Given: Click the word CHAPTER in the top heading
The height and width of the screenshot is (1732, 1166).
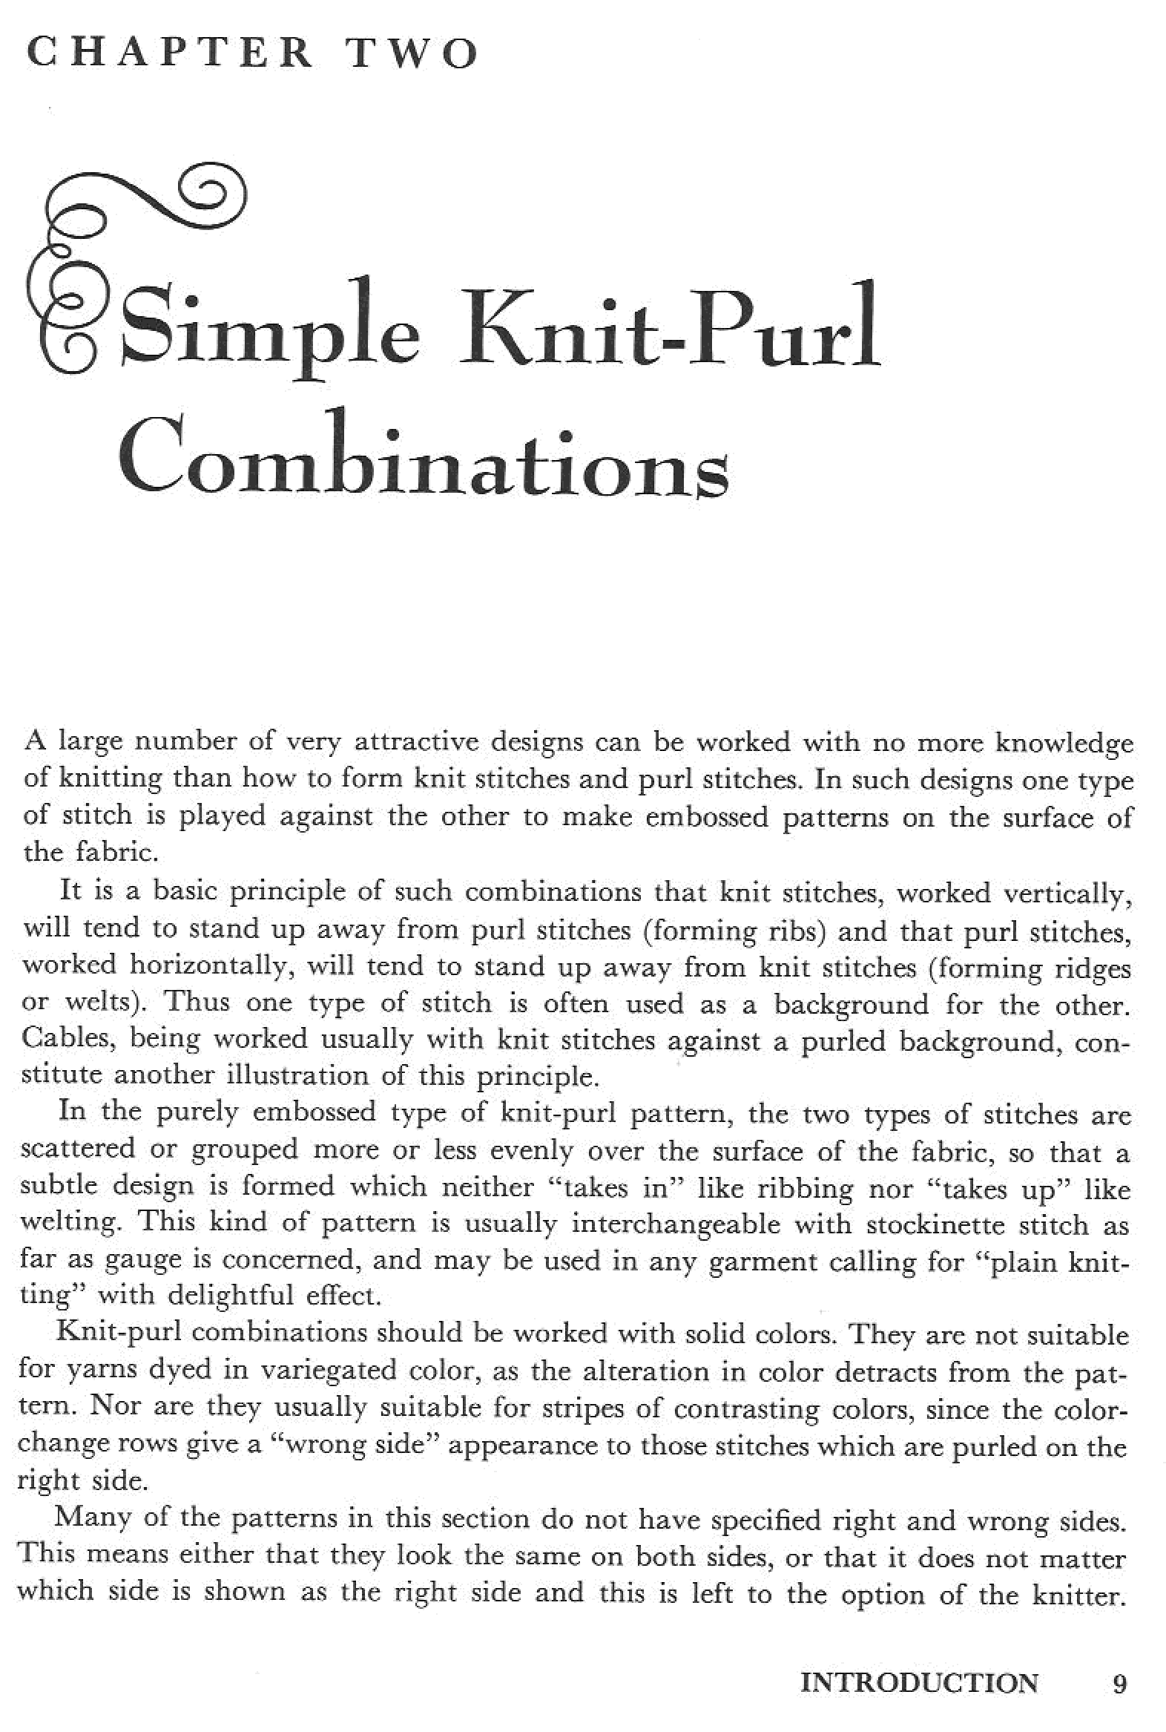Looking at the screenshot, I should [x=170, y=53].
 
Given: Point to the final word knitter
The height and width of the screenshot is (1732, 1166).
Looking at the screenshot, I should [x=1076, y=1593].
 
